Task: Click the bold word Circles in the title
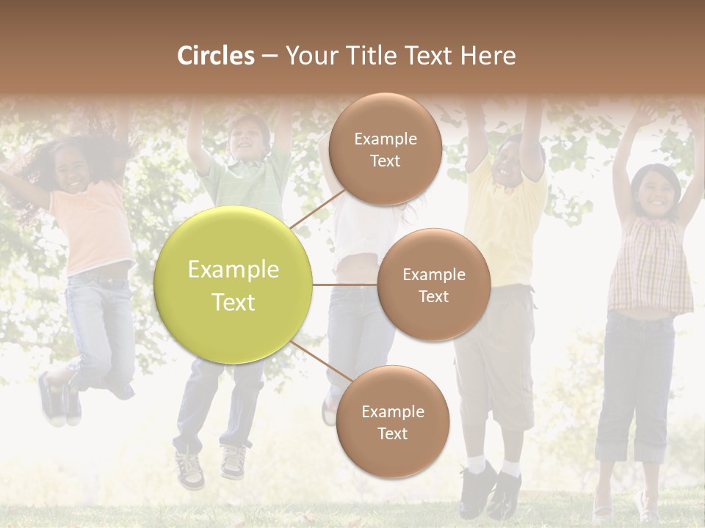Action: (x=215, y=56)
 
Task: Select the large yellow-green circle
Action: (x=234, y=285)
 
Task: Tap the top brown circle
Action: (x=385, y=149)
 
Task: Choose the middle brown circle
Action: (x=433, y=285)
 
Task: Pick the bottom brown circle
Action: (x=392, y=422)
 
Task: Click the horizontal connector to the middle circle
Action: (x=345, y=285)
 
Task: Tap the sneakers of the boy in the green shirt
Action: (x=211, y=466)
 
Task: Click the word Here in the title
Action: (x=488, y=56)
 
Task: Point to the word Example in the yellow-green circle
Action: (x=234, y=270)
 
